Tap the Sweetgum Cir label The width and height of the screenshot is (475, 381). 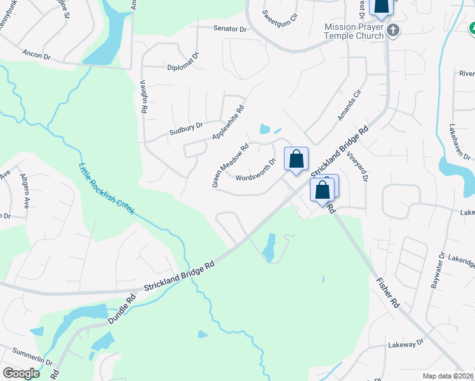(x=279, y=13)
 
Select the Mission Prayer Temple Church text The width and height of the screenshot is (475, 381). (x=354, y=31)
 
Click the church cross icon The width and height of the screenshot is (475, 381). (x=393, y=30)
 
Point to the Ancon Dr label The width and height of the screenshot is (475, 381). (x=36, y=55)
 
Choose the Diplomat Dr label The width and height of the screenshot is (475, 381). (x=183, y=67)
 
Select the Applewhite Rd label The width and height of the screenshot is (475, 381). (x=228, y=123)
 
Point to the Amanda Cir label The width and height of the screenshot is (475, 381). (x=349, y=105)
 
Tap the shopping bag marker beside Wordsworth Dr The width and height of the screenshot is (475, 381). (x=296, y=159)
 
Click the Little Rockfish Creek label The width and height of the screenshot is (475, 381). (x=106, y=189)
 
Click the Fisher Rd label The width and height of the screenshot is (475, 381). (x=387, y=293)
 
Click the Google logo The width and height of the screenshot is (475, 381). (x=21, y=373)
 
